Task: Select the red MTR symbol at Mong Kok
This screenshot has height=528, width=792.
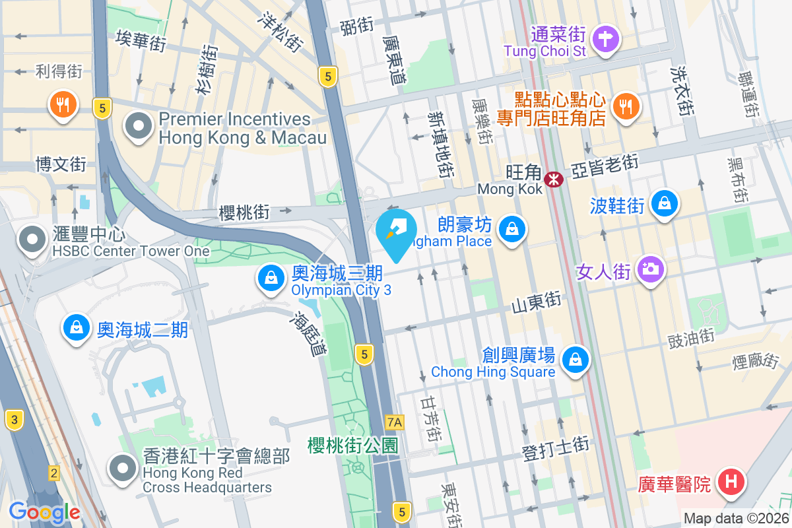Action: tap(553, 178)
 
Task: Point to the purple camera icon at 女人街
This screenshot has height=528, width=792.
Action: tap(650, 269)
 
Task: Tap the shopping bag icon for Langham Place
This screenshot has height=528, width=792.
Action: tap(511, 230)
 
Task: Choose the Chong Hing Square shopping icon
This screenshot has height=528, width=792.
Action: tap(576, 360)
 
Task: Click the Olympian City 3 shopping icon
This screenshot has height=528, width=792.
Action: tap(271, 278)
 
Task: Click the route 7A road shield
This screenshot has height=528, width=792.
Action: tap(395, 421)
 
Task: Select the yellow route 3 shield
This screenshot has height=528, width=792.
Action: tap(13, 418)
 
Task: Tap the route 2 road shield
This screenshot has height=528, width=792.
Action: tap(54, 473)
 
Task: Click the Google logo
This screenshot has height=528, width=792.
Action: tap(44, 512)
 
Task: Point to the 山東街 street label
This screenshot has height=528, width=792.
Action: tap(537, 304)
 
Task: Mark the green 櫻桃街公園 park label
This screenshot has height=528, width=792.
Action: tap(353, 445)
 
